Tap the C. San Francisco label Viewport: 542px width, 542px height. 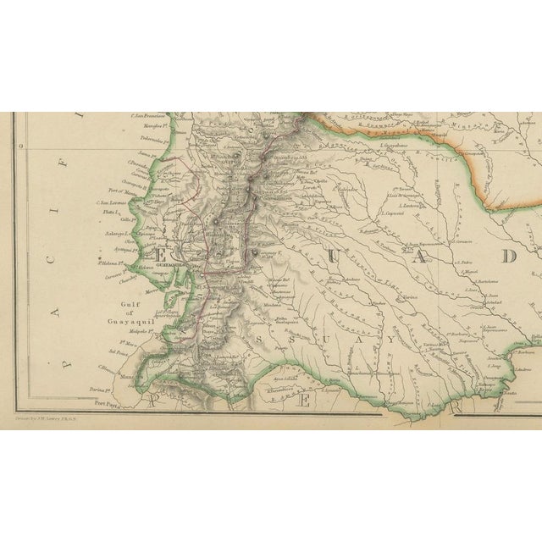pos(147,116)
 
